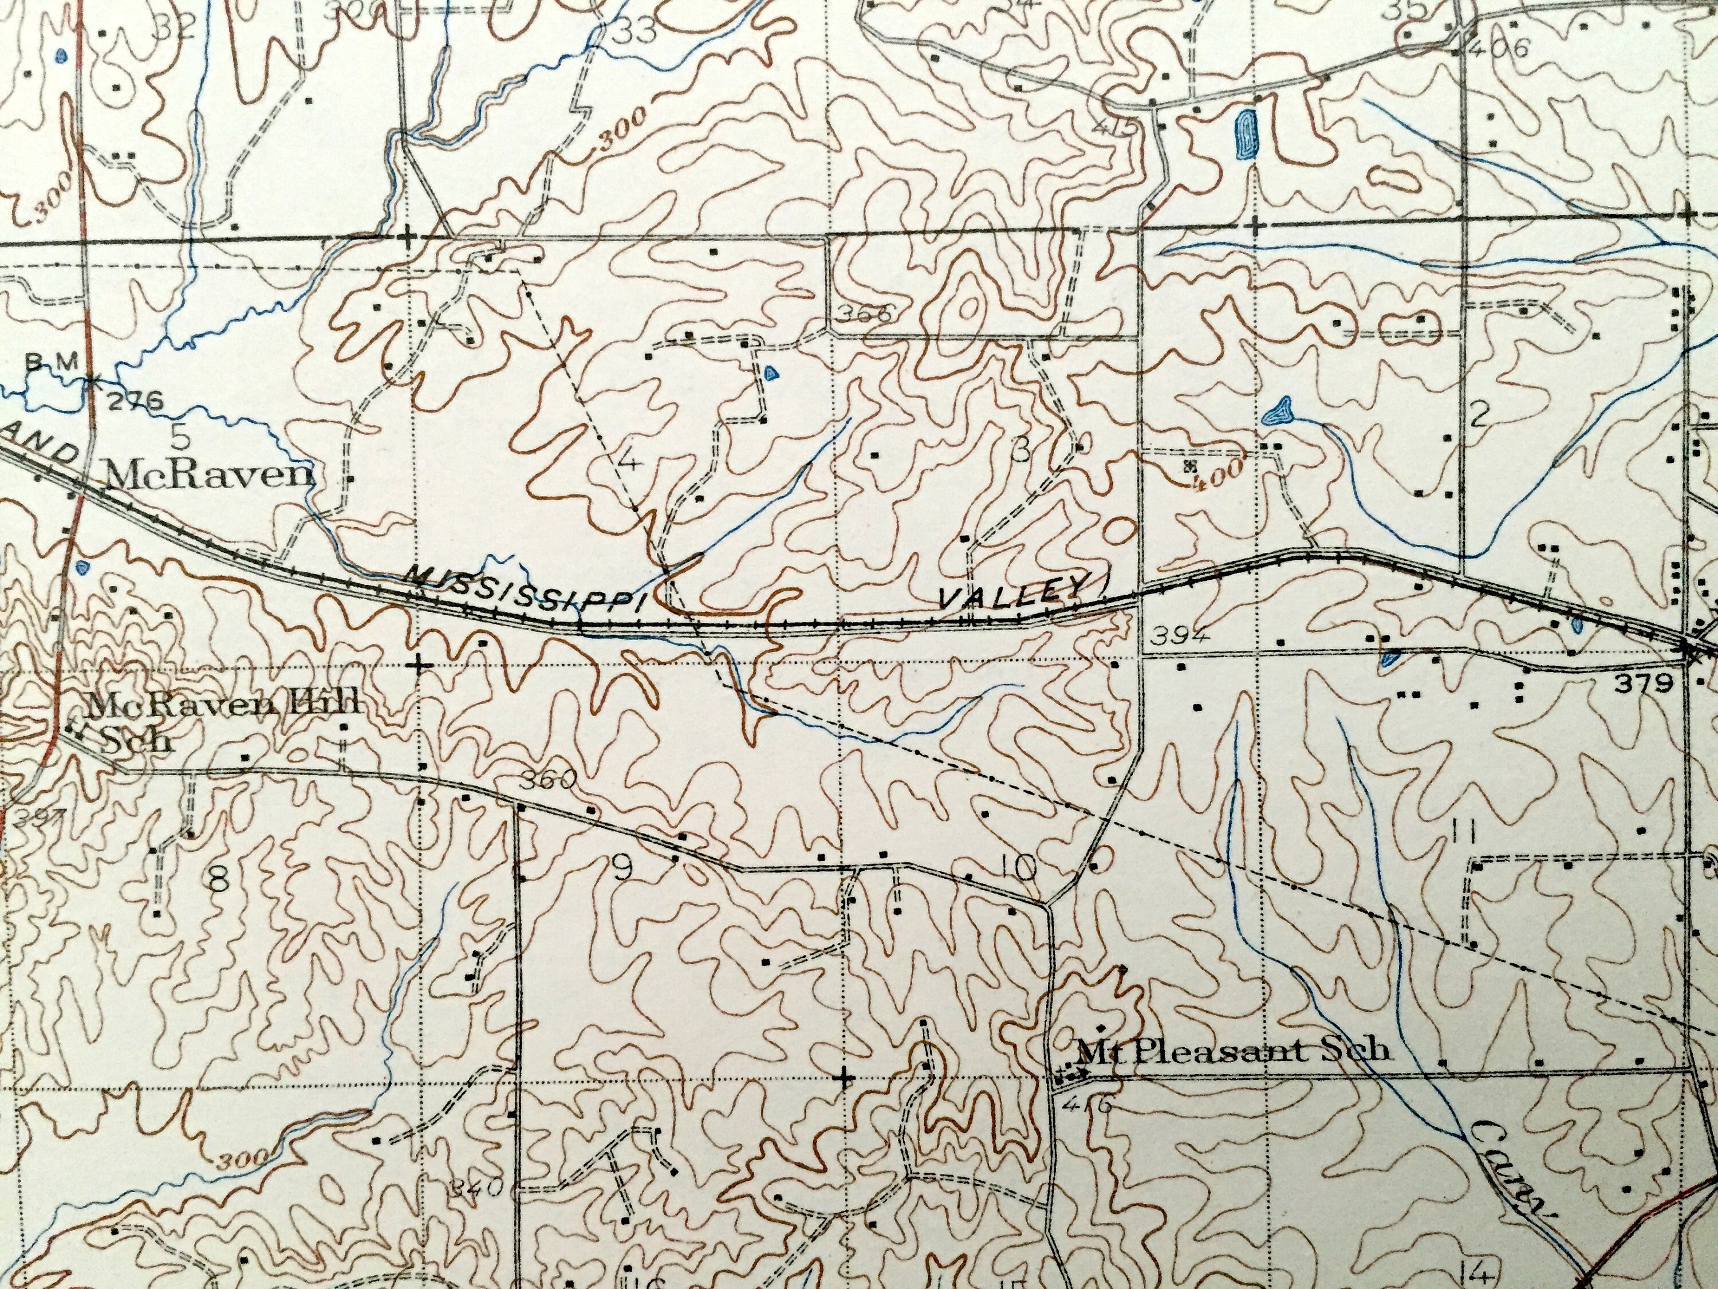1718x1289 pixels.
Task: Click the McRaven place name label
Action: [x=207, y=475]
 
